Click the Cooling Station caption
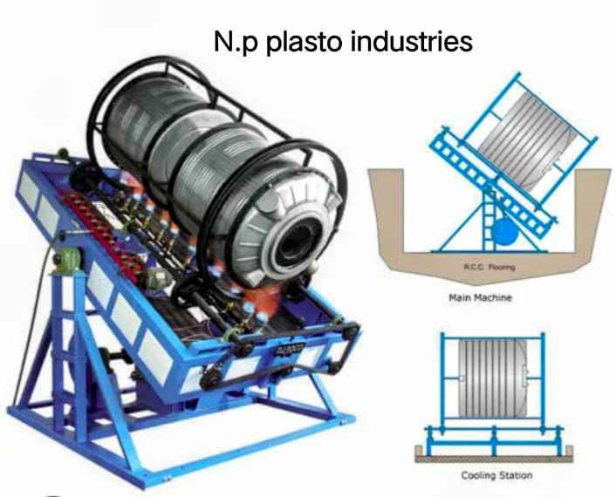(x=496, y=475)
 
